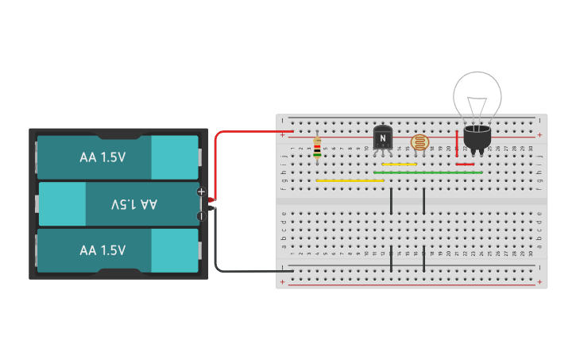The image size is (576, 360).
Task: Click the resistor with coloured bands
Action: click(318, 147)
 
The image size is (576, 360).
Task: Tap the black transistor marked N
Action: click(382, 138)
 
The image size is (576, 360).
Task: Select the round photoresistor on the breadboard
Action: click(419, 143)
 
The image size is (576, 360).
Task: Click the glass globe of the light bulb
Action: click(477, 95)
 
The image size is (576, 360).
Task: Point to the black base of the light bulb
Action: click(477, 139)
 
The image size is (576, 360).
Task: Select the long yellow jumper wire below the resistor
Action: click(350, 180)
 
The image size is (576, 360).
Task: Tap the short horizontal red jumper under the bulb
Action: click(466, 165)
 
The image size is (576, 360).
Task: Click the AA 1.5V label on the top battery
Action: click(102, 157)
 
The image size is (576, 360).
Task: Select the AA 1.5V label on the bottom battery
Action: click(102, 250)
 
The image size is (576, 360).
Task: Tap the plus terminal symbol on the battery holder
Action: click(201, 192)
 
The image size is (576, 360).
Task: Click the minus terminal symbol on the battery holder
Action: click(201, 215)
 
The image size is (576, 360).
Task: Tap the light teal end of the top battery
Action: click(174, 157)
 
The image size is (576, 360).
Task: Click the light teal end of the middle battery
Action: click(62, 204)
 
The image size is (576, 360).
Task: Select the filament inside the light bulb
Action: click(477, 105)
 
